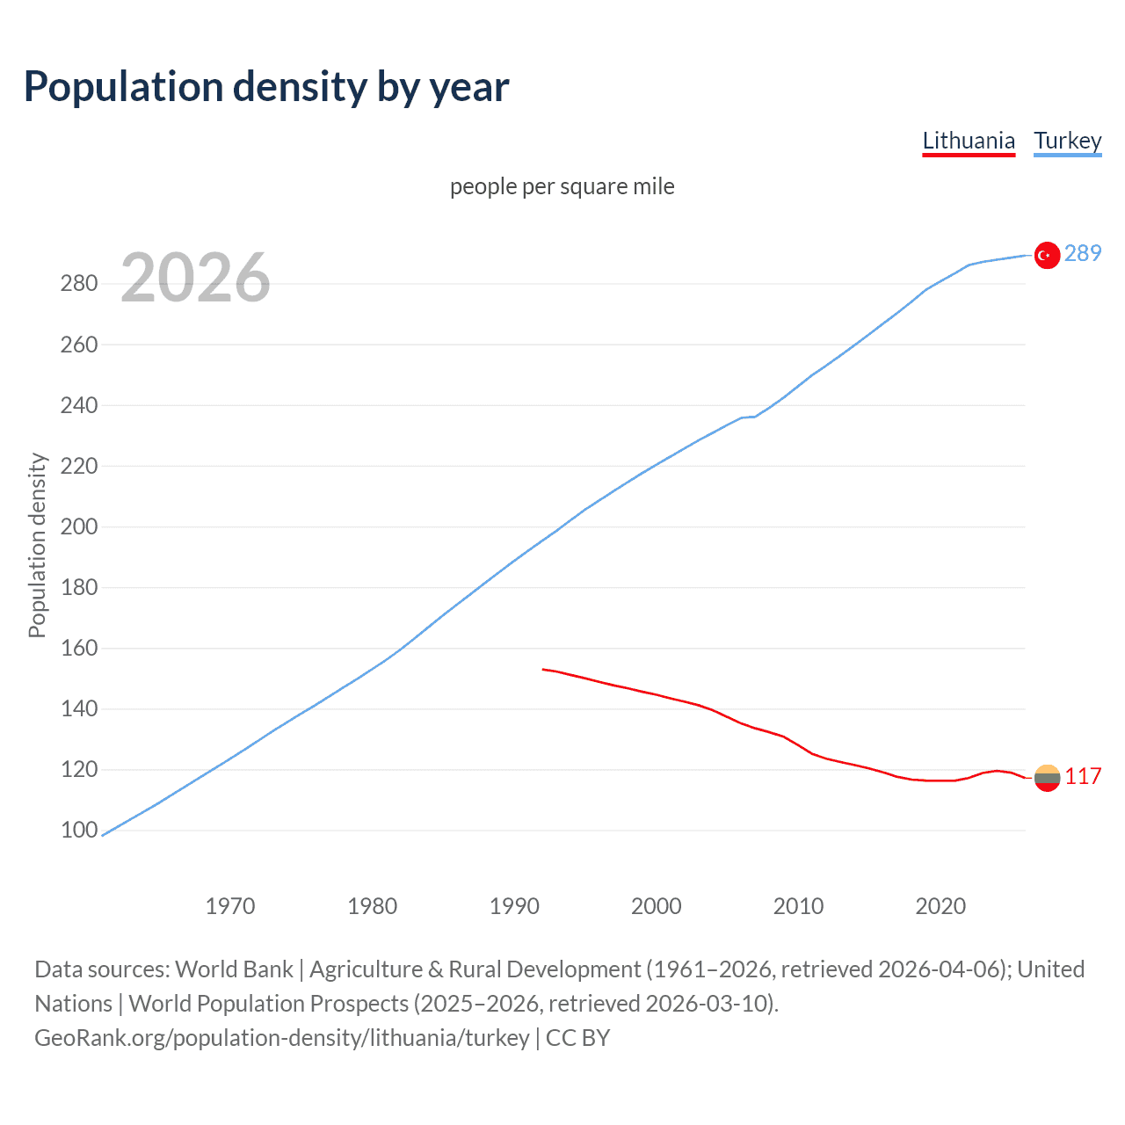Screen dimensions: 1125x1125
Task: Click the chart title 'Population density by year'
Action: (x=266, y=87)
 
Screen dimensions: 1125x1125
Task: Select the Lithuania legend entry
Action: (x=969, y=141)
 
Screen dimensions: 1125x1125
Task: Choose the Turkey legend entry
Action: (x=1067, y=141)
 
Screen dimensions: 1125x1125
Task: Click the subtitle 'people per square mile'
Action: (x=562, y=186)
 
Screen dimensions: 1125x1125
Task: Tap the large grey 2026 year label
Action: (x=195, y=278)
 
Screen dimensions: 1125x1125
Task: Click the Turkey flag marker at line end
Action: (x=1047, y=255)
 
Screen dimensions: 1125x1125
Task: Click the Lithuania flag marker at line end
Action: (x=1047, y=778)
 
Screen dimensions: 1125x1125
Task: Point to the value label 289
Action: (x=1083, y=253)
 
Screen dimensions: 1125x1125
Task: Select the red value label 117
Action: (x=1083, y=776)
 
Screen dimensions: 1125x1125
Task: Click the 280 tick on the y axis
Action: (x=79, y=283)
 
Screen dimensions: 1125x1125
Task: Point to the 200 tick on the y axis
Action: (x=79, y=526)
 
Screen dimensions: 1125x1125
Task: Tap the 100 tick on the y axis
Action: (x=79, y=830)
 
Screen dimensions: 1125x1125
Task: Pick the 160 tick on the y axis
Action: (x=79, y=648)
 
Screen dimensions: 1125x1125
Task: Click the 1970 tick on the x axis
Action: (x=230, y=905)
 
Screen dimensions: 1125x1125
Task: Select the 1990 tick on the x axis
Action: (x=514, y=905)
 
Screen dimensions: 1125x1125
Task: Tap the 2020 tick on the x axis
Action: (x=940, y=905)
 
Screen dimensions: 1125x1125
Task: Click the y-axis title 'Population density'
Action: (x=37, y=545)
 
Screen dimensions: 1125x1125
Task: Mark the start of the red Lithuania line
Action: (x=543, y=669)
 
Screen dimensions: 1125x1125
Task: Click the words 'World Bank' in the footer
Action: (x=234, y=969)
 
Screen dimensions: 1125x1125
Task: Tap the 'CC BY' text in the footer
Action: (x=577, y=1037)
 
